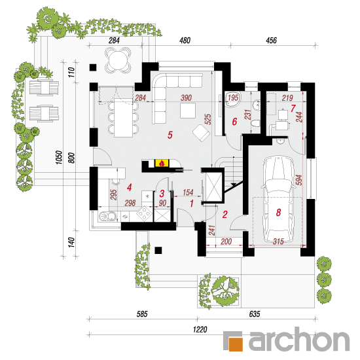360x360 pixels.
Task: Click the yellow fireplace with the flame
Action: [162, 163]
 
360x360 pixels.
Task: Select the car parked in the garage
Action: [278, 199]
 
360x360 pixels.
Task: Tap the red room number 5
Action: [170, 135]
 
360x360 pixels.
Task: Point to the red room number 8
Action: [278, 212]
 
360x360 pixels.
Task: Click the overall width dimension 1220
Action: [200, 330]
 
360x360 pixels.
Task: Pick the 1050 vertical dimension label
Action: [59, 157]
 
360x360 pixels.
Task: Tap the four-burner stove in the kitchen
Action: [145, 213]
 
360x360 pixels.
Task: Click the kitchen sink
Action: [107, 216]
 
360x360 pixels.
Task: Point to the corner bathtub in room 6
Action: [232, 99]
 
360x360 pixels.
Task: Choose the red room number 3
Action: [162, 194]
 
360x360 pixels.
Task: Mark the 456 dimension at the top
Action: [271, 41]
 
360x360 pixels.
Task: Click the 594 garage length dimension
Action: [298, 180]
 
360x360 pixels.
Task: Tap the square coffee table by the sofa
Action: [188, 111]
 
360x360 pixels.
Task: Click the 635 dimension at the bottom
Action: [255, 314]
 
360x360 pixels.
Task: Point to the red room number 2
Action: [225, 215]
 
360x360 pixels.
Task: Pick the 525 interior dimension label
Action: [207, 119]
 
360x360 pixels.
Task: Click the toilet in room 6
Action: [255, 124]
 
